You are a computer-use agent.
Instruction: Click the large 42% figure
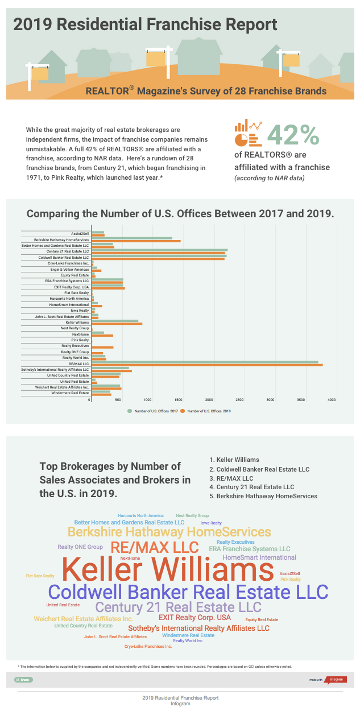point(293,134)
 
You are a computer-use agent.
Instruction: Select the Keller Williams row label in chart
point(77,322)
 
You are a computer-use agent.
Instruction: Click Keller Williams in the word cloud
point(168,569)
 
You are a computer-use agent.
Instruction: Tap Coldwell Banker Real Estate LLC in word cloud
point(188,591)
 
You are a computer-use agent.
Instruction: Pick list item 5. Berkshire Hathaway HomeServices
point(263,496)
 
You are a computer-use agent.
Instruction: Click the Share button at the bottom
point(24,679)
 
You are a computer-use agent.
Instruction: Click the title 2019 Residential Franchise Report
point(145,24)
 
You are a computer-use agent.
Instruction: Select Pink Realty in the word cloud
point(291,579)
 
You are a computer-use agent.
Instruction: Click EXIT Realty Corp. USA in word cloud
point(195,618)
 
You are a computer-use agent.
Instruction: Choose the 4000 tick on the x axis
point(330,400)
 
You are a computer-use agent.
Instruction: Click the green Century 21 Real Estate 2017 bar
point(159,250)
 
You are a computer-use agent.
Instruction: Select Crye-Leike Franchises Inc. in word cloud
point(148,647)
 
